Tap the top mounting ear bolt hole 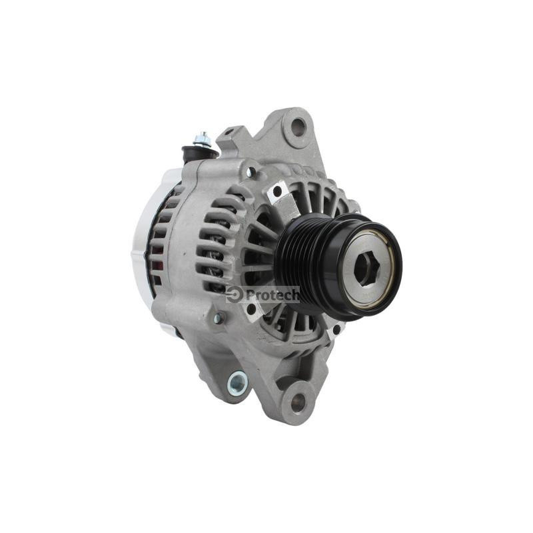(x=298, y=127)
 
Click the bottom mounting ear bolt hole (x=298, y=403)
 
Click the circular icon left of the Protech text (x=235, y=295)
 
